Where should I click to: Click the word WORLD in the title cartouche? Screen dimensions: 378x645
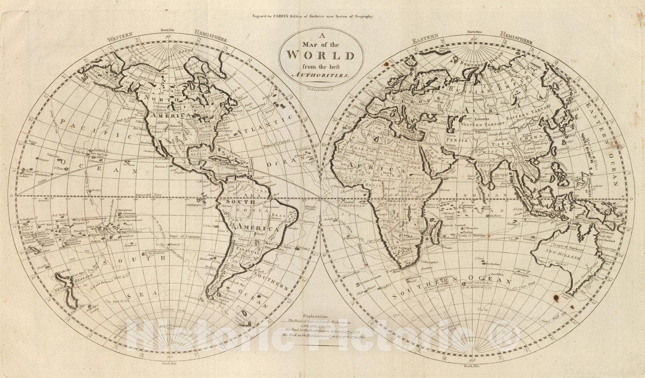tap(321, 55)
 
